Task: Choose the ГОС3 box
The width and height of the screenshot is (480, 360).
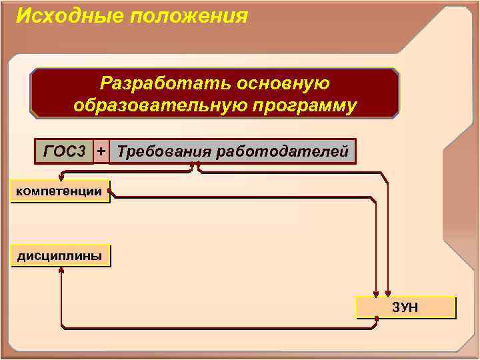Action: [x=65, y=151]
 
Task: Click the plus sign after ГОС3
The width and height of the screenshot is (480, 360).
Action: [x=101, y=151]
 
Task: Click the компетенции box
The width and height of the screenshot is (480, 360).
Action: [x=59, y=192]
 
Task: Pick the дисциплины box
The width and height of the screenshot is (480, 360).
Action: [x=59, y=256]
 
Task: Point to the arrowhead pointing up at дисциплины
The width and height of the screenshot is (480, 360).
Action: [x=61, y=271]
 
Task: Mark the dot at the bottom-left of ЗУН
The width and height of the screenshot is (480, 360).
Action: [x=377, y=319]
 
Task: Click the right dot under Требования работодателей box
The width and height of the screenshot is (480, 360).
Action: [x=198, y=163]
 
